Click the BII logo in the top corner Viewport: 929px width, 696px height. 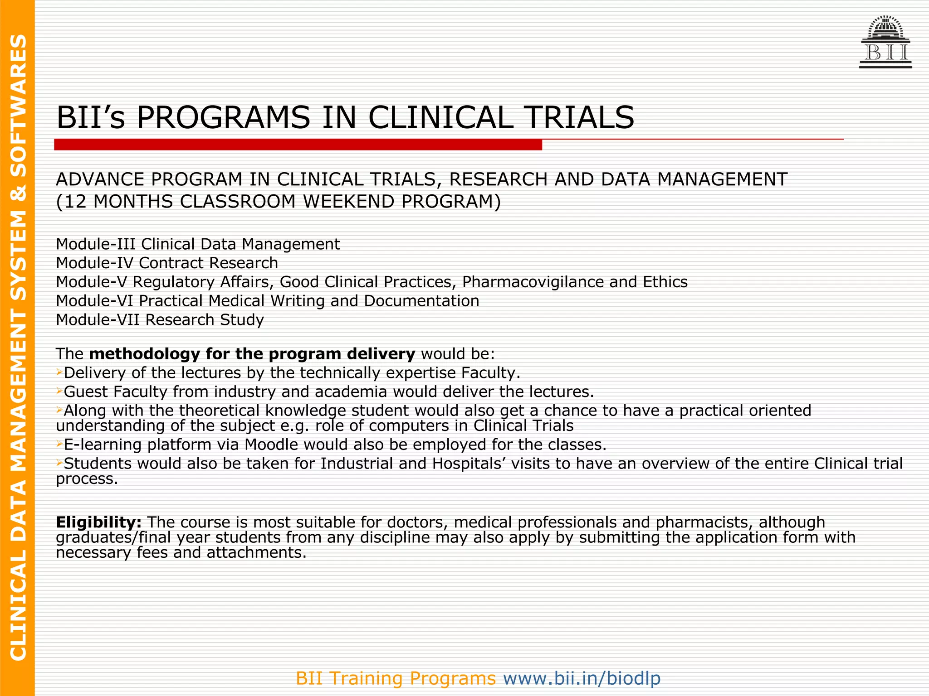click(885, 43)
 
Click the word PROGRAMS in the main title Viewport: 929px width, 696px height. click(223, 118)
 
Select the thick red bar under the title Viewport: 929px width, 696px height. click(298, 145)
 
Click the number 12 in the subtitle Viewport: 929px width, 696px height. click(75, 202)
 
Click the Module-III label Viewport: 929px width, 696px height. click(96, 244)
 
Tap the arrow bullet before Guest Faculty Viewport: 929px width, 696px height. click(59, 391)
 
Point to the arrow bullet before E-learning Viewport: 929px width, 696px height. click(59, 444)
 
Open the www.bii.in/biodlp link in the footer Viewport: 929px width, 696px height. click(582, 678)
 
